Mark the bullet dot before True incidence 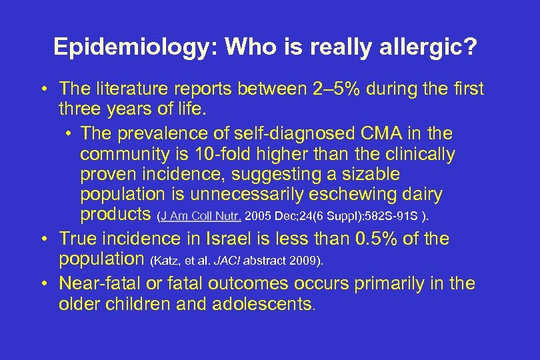[42, 239]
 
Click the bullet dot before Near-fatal [42, 284]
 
